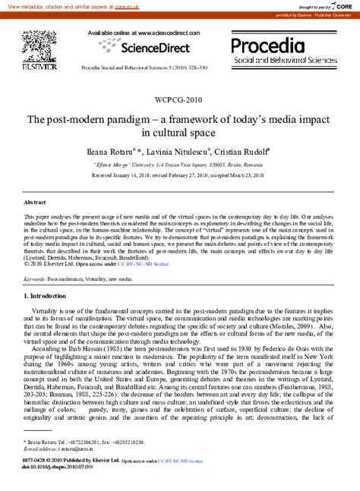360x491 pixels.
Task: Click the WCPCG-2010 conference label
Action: (x=178, y=99)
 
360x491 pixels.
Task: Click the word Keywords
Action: (x=33, y=279)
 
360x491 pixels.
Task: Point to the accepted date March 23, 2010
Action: (x=243, y=175)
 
